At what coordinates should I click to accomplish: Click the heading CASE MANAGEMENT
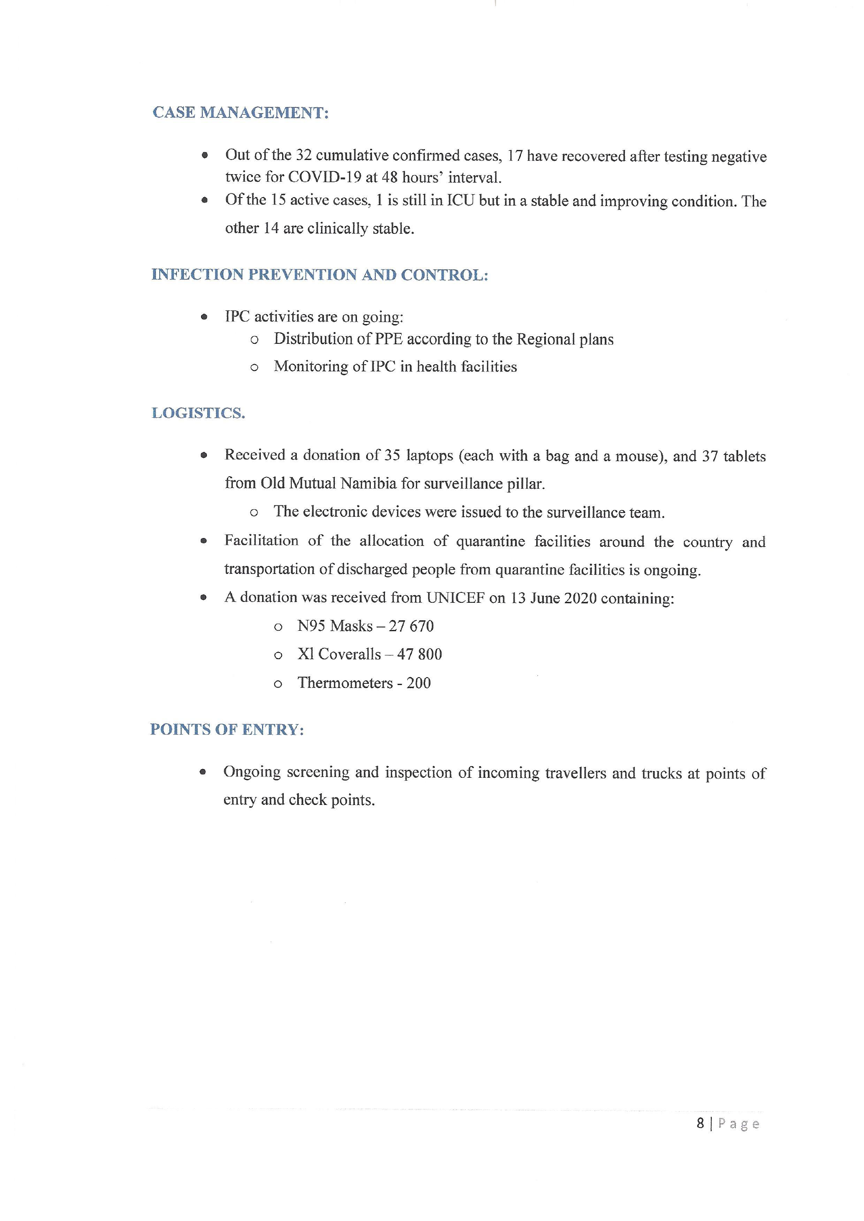tap(240, 113)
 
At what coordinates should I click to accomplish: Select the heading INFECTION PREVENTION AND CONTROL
tap(319, 275)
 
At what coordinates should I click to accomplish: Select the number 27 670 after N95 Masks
tap(411, 627)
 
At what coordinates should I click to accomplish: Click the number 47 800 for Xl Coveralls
tap(419, 655)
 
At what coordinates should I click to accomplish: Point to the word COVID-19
tap(324, 177)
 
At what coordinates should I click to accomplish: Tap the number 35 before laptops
tap(392, 455)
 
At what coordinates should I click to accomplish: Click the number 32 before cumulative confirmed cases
tap(304, 155)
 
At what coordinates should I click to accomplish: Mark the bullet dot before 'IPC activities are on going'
tap(204, 317)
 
